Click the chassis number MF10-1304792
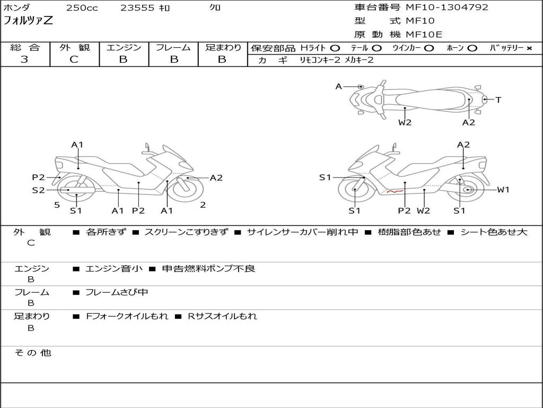[447, 7]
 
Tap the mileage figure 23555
[137, 8]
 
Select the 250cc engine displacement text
[82, 8]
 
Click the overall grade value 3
[24, 59]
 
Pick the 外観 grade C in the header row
[74, 59]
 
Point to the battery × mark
[529, 48]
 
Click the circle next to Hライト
[335, 48]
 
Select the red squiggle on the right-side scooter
[395, 191]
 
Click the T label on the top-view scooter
[498, 100]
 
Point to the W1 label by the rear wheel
[503, 190]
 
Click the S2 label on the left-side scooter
[38, 190]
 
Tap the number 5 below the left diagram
[57, 205]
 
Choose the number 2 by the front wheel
[203, 205]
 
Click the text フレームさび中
[117, 293]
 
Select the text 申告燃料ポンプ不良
[208, 268]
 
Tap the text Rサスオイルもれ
[222, 316]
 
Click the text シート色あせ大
[494, 232]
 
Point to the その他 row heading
[33, 353]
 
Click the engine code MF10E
[424, 35]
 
